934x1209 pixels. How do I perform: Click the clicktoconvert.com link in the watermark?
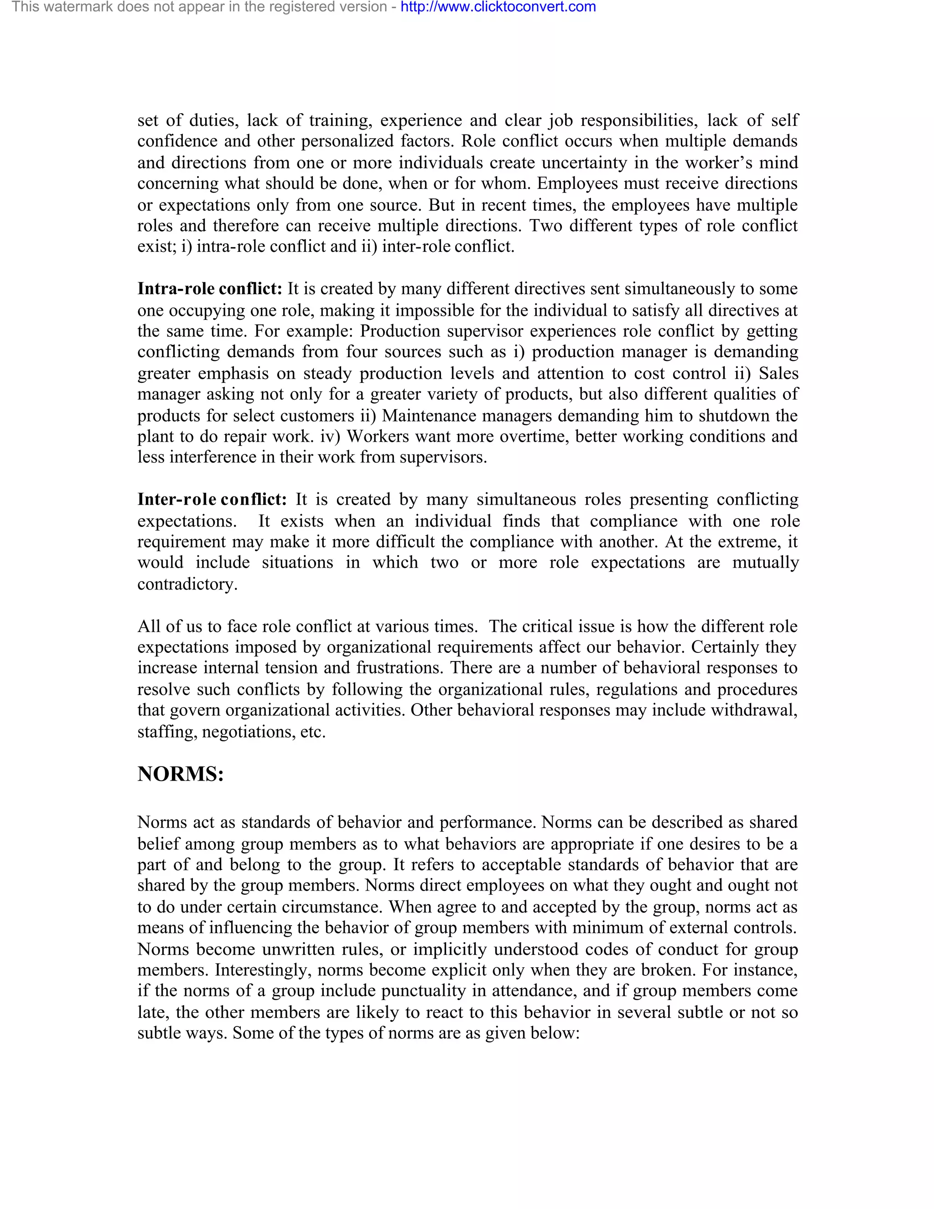(498, 7)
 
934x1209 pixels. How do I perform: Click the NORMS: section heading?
(181, 774)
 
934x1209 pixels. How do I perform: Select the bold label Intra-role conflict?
(210, 288)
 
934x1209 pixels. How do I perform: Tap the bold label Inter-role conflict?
(212, 499)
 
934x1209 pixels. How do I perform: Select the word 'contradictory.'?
(187, 584)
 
